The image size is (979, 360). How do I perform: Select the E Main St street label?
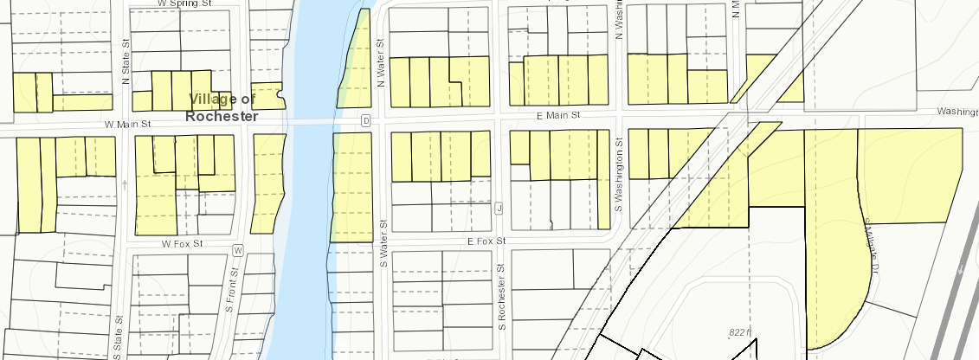point(555,114)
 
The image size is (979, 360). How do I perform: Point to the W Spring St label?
point(185,3)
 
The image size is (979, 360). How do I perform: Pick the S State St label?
point(118,332)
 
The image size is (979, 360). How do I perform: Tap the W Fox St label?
point(181,245)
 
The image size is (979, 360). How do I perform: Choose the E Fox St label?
point(486,241)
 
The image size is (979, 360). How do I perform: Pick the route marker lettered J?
point(499,208)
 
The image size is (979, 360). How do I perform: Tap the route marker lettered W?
point(238,250)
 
